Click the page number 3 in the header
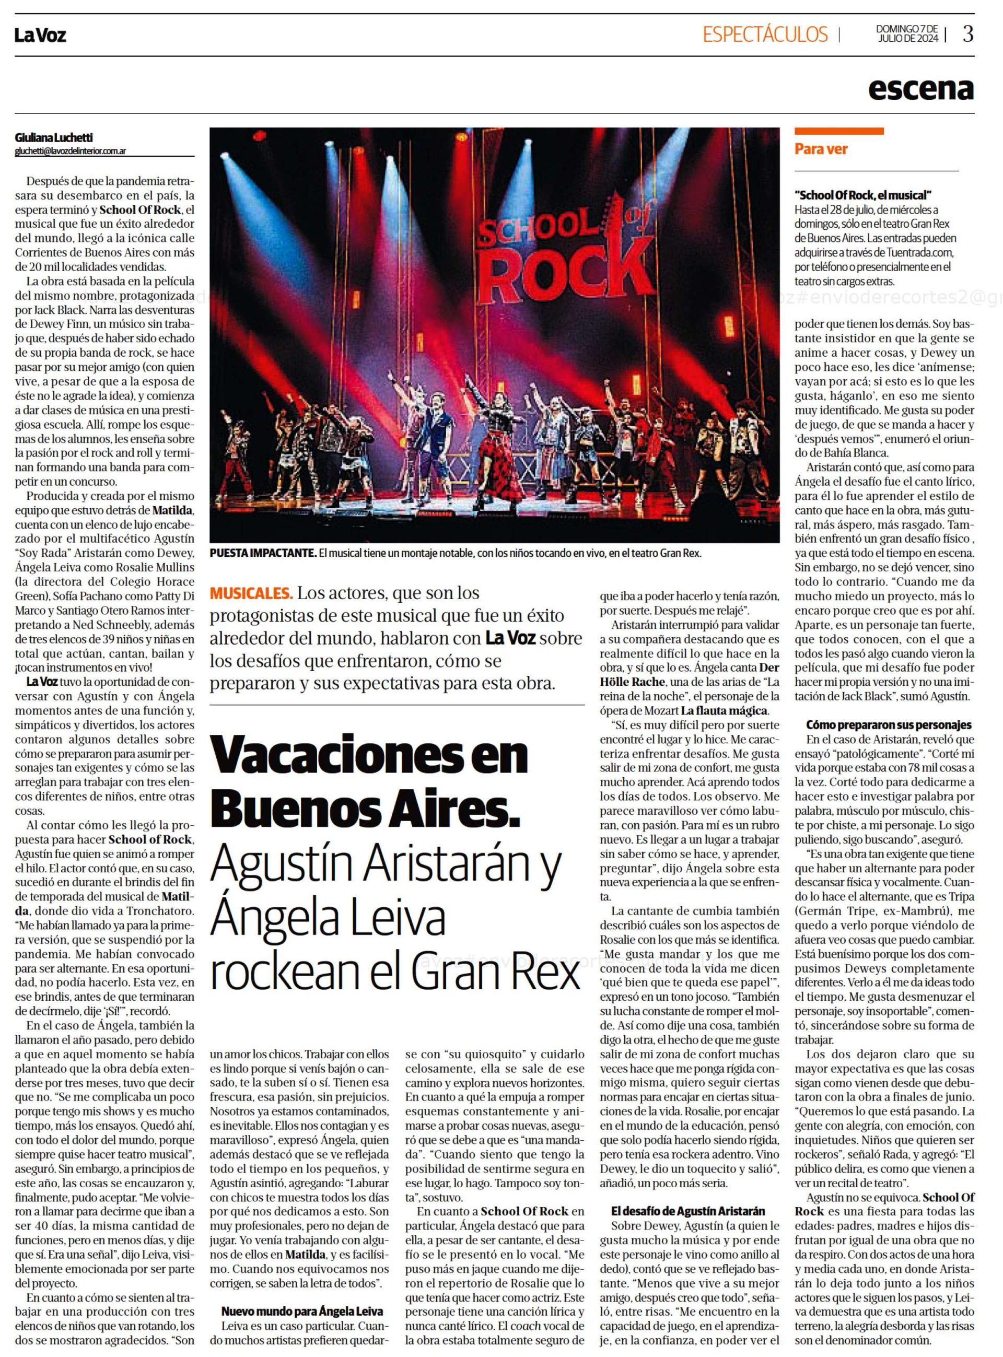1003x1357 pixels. [x=968, y=34]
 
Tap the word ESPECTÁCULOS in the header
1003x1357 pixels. [x=765, y=34]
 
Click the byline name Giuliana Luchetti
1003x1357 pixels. [x=54, y=138]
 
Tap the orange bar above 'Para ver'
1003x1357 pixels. [x=839, y=131]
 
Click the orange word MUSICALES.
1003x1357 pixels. [x=250, y=592]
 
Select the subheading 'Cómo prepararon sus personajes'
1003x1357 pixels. [x=889, y=724]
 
